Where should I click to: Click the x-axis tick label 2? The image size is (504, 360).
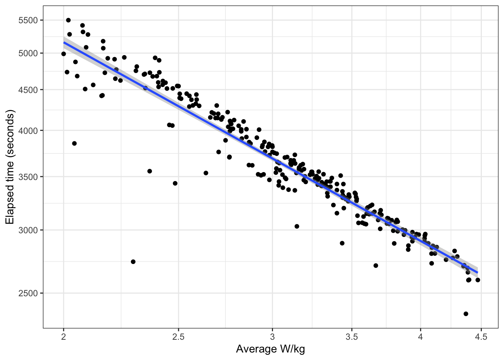[64, 337]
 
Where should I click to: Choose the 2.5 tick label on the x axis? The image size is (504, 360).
[178, 337]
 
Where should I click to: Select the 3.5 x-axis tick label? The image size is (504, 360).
[352, 337]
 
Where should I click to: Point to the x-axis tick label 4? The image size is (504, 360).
[420, 337]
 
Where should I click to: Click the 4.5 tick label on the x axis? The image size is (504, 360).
[481, 337]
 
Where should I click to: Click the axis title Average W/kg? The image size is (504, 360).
[270, 349]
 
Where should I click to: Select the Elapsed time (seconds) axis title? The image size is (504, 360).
[10, 167]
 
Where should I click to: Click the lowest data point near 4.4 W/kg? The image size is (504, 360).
[466, 314]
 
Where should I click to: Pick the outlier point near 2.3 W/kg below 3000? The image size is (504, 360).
[133, 262]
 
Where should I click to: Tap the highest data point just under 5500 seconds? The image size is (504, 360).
[68, 20]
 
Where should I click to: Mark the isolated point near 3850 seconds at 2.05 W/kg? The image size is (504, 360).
[74, 143]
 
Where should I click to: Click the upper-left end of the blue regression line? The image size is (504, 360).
[64, 42]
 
